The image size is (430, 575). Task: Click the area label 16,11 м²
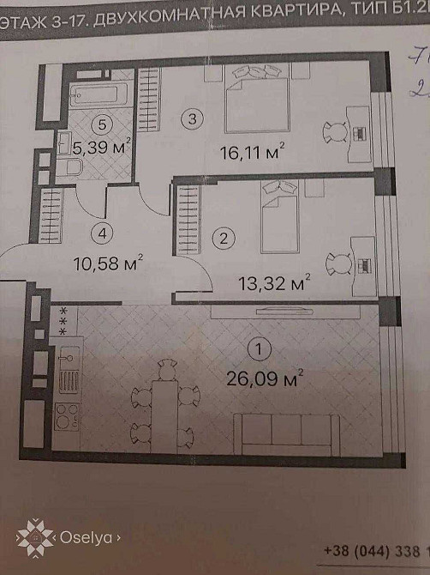(252, 154)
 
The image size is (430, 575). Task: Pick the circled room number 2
(224, 237)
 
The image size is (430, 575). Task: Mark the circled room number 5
(103, 124)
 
